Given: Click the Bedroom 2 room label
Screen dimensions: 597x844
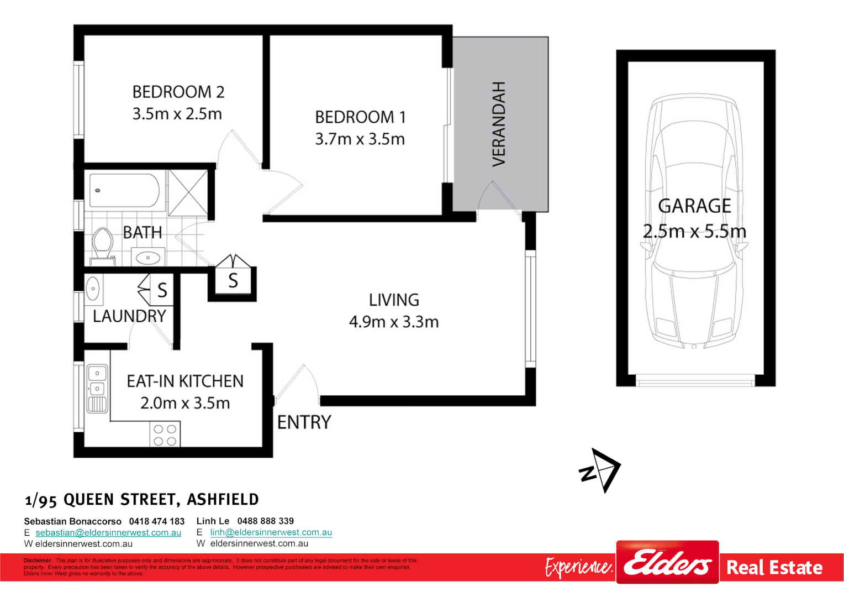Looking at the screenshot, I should coord(178,92).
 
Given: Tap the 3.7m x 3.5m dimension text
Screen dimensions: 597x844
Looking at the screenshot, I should coord(360,139).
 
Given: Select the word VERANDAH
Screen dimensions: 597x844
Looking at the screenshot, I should coord(499,124).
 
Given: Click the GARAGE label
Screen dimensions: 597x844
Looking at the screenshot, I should coord(694,206).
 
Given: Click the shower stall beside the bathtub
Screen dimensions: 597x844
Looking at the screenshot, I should coord(188,193).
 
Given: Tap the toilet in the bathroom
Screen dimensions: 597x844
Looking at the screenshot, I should coord(103,244).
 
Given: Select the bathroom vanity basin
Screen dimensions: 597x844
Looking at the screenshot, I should coord(147,258).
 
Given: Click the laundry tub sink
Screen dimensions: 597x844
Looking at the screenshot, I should coord(93,289).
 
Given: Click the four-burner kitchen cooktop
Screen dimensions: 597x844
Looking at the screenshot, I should coord(165,434).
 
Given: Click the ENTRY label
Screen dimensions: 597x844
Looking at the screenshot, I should coord(304,422).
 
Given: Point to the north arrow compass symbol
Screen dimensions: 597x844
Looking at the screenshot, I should coord(600,470).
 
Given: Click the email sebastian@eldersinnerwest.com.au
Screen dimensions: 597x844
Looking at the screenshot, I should coord(108,532).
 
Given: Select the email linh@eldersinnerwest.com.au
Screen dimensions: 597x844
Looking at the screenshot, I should coord(271,532).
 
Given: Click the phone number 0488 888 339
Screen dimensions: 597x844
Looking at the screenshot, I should coord(265,521).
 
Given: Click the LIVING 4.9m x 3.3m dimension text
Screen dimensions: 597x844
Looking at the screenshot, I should coord(393,322).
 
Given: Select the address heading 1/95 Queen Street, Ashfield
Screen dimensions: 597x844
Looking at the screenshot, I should coord(142,500).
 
